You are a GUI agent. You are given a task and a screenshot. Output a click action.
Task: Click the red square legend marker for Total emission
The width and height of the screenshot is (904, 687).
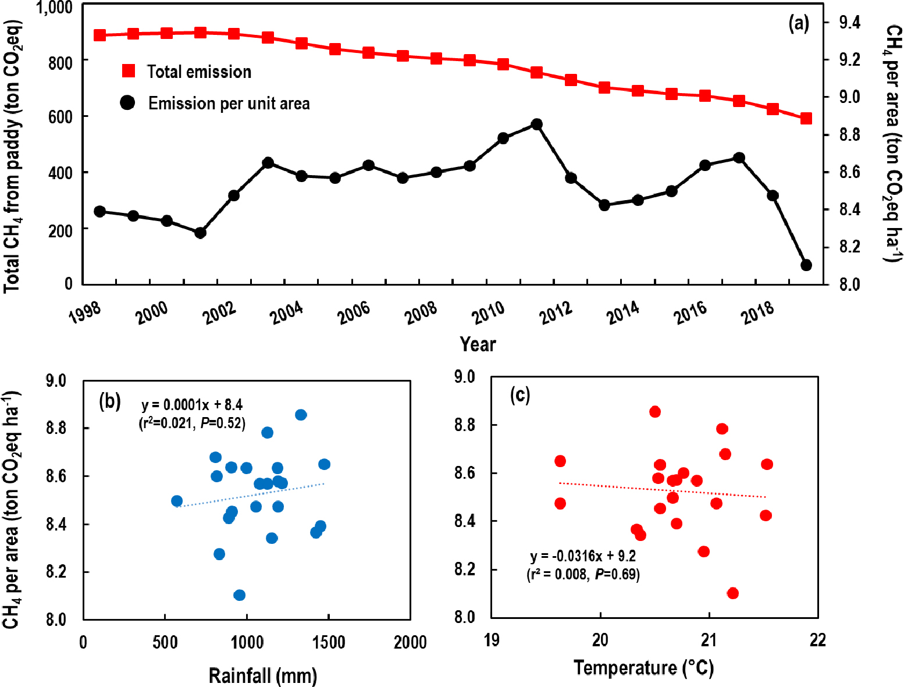[x=128, y=71]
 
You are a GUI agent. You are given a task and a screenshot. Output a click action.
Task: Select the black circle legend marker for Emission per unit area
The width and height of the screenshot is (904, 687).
[x=127, y=103]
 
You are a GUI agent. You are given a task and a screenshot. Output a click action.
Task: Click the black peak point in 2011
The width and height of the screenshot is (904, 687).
[x=536, y=124]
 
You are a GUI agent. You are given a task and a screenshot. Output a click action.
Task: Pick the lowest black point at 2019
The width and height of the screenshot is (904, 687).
[x=806, y=265]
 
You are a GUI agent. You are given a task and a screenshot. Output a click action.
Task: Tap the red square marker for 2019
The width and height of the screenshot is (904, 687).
[x=806, y=119]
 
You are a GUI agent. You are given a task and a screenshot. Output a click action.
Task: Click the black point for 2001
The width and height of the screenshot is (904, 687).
[x=200, y=233]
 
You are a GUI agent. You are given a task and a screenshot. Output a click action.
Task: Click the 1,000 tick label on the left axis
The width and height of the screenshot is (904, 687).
[x=54, y=8]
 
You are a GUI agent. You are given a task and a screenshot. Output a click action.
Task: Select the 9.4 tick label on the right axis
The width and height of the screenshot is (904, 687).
[x=849, y=23]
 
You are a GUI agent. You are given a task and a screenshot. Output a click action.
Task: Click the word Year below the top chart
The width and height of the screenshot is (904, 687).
[x=478, y=344]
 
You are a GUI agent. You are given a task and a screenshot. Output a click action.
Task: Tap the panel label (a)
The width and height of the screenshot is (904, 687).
[x=798, y=23]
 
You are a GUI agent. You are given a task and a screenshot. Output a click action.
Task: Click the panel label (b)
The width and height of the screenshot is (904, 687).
[x=110, y=401]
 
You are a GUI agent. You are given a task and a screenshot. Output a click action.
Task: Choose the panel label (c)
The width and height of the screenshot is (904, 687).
[x=519, y=395]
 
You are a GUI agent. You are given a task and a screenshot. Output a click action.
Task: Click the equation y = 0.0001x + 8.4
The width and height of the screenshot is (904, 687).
[x=192, y=405]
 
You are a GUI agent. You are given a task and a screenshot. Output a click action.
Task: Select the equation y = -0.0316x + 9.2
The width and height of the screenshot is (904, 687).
[x=583, y=557]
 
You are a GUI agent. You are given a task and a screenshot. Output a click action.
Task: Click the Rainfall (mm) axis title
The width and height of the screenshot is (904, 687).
[x=262, y=676]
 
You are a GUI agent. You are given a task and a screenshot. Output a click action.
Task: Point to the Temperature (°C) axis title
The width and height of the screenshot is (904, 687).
[x=643, y=667]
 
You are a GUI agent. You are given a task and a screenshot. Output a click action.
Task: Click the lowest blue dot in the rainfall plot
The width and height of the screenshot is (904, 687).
[x=239, y=595]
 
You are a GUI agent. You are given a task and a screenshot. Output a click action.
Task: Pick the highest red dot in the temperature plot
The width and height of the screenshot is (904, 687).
[x=655, y=412]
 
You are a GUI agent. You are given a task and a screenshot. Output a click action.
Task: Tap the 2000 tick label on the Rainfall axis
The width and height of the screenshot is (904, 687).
[x=410, y=643]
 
